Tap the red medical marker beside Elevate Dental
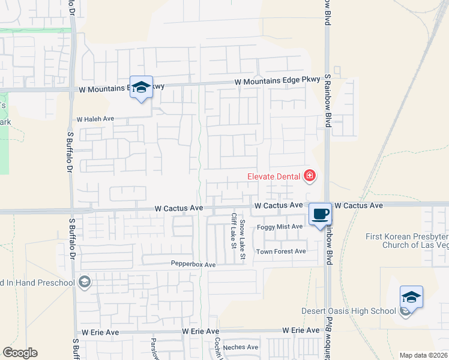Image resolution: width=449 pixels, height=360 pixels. tap(310, 176)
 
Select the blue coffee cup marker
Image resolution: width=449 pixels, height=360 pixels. tap(321, 214)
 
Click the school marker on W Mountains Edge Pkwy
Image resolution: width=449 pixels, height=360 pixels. tap(142, 88)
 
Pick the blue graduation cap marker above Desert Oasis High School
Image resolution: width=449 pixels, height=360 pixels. tap(411, 297)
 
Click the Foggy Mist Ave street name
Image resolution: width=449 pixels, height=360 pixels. tap(280, 226)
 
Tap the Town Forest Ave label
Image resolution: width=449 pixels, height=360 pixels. tap(282, 251)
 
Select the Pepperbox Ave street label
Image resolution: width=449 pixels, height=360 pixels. tap(193, 265)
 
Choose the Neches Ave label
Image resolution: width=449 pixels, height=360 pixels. tap(240, 347)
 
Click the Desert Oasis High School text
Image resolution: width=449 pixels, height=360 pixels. tap(349, 311)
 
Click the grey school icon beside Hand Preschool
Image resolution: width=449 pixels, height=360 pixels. tap(85, 283)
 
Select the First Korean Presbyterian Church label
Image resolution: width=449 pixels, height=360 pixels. tap(407, 241)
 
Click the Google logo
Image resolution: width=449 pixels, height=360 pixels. tap(20, 352)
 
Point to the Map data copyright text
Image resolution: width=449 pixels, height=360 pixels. tap(423, 355)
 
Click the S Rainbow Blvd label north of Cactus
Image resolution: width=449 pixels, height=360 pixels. tap(328, 101)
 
